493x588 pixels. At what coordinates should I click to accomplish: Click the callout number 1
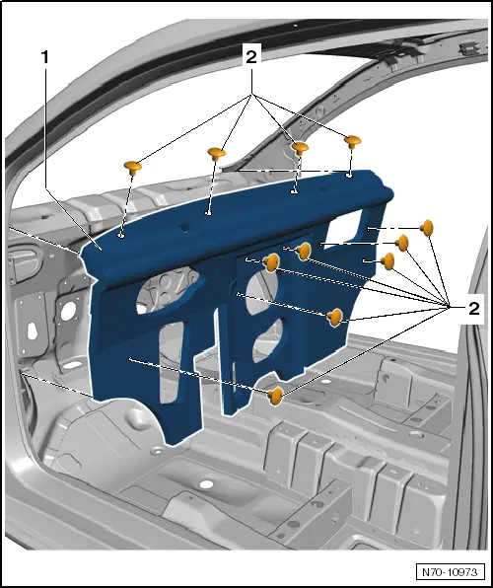point(45,57)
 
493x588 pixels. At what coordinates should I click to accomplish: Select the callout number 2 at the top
point(252,57)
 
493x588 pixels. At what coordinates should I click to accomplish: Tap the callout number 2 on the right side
point(474,309)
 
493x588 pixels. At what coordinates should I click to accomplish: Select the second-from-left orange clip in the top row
point(218,153)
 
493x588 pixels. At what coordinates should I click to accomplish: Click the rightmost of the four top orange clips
point(352,142)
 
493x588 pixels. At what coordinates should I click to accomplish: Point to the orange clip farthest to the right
point(428,229)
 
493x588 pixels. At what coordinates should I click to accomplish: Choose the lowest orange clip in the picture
point(276,396)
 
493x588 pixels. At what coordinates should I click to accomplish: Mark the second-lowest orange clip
point(335,316)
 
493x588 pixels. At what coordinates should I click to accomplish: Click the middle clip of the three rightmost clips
point(402,244)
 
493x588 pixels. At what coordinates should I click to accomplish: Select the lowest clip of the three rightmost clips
point(387,261)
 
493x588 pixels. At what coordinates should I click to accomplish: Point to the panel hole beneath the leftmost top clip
point(120,235)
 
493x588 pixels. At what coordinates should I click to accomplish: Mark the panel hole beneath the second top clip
point(208,210)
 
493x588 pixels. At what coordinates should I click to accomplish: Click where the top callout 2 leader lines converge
point(252,93)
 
